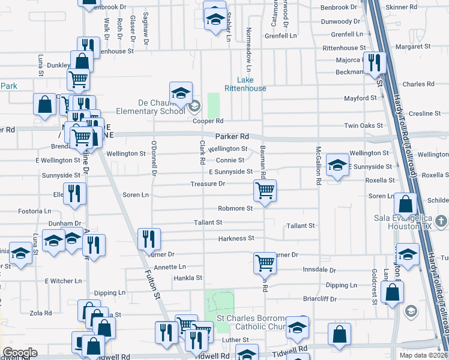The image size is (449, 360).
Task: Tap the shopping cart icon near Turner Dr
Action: [265, 263]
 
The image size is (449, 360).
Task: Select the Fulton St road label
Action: [154, 286]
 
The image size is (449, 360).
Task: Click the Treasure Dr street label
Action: [208, 184]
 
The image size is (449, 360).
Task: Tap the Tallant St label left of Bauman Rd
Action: [208, 222]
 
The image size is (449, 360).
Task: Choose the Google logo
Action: [20, 353]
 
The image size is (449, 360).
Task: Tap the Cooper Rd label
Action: [208, 121]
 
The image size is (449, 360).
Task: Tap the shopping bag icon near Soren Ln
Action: [406, 204]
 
